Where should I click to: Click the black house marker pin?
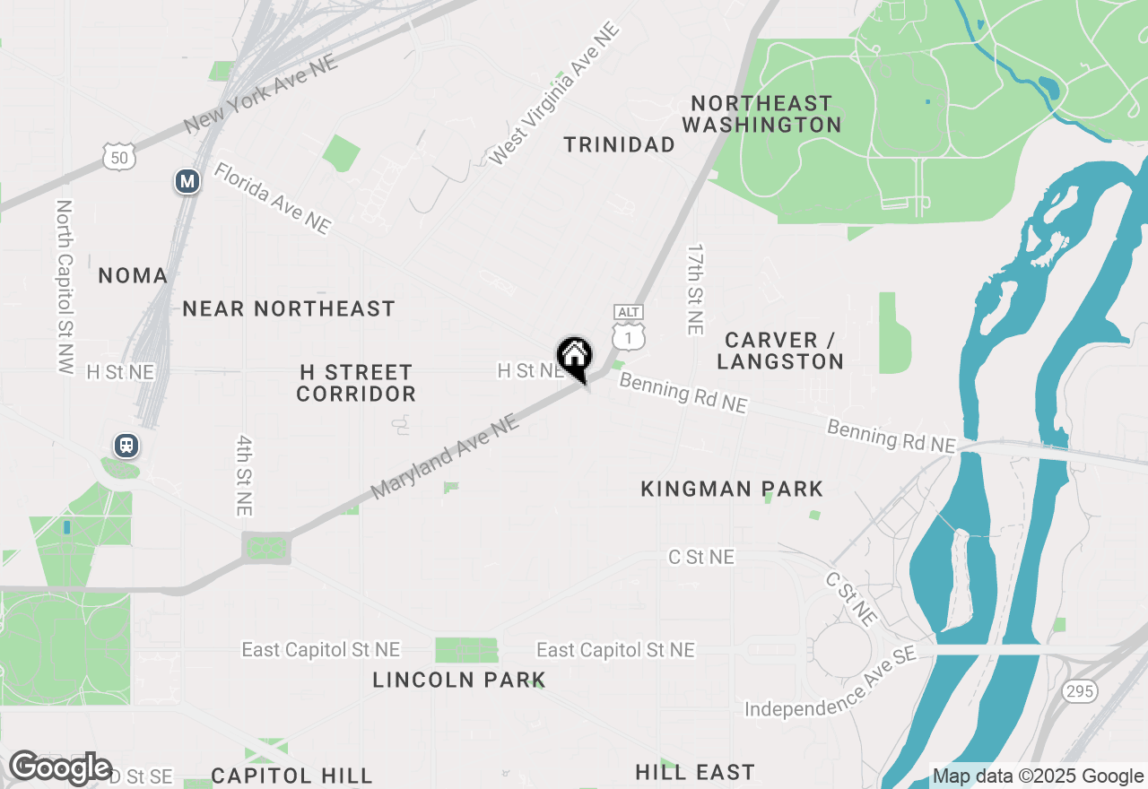point(574,358)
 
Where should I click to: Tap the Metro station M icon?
point(187,182)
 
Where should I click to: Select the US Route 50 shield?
point(119,158)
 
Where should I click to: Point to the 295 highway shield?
point(1078,691)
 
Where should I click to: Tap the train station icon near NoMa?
point(126,446)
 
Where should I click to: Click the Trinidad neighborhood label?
point(619,144)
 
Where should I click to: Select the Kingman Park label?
point(732,489)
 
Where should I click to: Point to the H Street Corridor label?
point(356,383)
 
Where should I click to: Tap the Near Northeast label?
point(289,308)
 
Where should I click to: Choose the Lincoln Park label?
point(459,680)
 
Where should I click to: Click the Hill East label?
point(695,772)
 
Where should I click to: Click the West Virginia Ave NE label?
point(555,94)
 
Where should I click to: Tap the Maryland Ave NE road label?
point(445,456)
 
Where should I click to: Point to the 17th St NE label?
point(695,290)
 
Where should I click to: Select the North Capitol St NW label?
point(65,286)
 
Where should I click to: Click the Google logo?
point(60,767)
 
